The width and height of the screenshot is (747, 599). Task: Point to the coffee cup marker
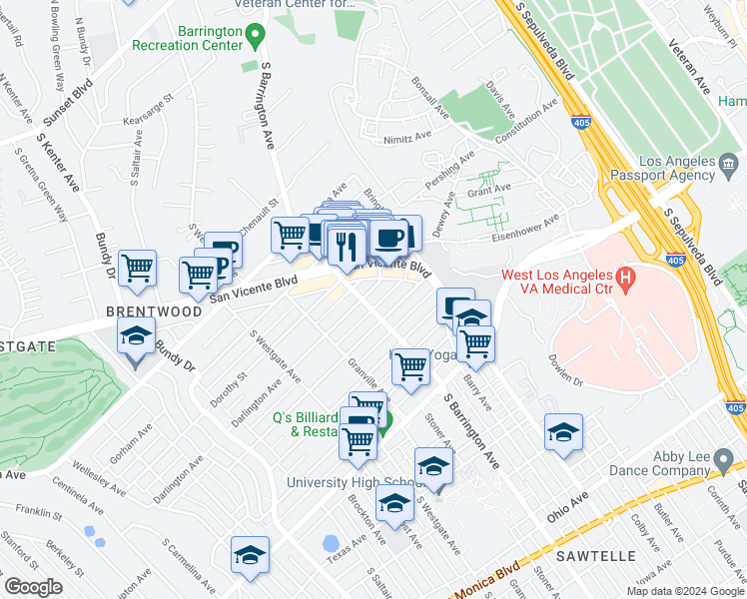point(388,240)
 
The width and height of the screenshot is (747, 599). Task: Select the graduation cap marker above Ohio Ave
point(563,432)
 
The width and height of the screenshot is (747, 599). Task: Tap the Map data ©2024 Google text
point(683,590)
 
